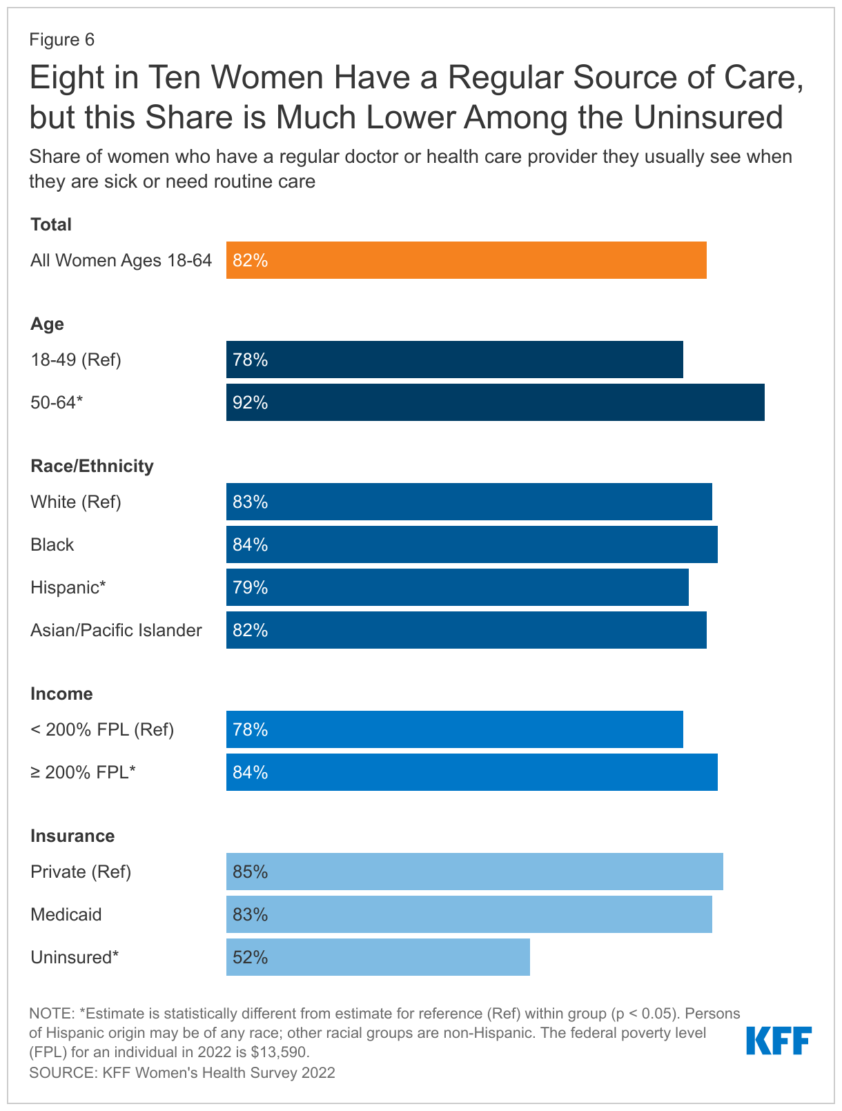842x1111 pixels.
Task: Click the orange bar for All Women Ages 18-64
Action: [466, 260]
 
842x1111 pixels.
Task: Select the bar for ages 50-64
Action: [495, 402]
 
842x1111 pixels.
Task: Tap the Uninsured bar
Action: [378, 957]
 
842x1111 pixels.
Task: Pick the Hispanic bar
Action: [457, 587]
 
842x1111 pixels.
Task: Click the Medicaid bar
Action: [469, 914]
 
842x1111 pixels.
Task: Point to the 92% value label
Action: [250, 402]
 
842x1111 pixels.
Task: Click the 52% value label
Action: [250, 957]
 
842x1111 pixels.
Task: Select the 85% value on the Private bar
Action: [250, 872]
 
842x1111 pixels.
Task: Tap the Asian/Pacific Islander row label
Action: [116, 630]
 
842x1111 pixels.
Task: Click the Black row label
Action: [52, 544]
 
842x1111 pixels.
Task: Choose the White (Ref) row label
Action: [76, 502]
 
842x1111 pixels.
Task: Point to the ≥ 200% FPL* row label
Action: [83, 772]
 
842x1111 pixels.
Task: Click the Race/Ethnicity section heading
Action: [92, 466]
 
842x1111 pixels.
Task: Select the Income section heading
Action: [61, 694]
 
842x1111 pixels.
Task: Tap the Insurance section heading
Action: [72, 836]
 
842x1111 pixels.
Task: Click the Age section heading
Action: [47, 324]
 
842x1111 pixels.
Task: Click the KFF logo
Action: [779, 1041]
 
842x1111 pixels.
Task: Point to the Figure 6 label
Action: [61, 39]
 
